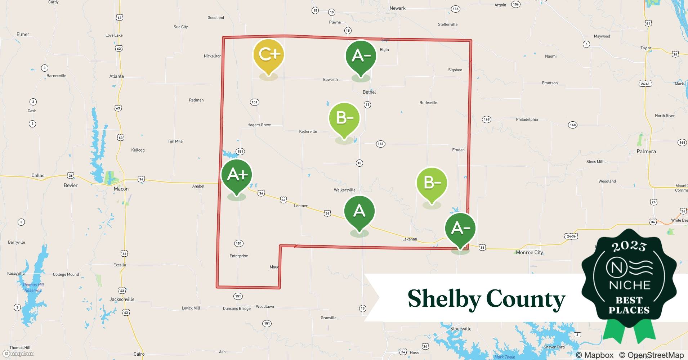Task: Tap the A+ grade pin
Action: pyautogui.click(x=237, y=175)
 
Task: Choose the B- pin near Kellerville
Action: pyautogui.click(x=344, y=118)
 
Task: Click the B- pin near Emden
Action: pyautogui.click(x=432, y=183)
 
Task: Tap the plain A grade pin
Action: pyautogui.click(x=359, y=211)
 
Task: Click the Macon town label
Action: pyautogui.click(x=121, y=189)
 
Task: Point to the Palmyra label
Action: pyautogui.click(x=646, y=152)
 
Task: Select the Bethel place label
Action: pyautogui.click(x=369, y=92)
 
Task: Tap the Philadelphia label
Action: pyautogui.click(x=527, y=120)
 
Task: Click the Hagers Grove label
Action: pyautogui.click(x=259, y=125)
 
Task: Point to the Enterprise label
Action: pyautogui.click(x=238, y=256)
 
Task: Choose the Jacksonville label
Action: pyautogui.click(x=122, y=300)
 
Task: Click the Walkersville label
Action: pyautogui.click(x=344, y=190)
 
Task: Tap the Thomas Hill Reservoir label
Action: pyautogui.click(x=33, y=288)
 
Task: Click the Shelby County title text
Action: pyautogui.click(x=486, y=299)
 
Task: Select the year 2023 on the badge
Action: pyautogui.click(x=629, y=246)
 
